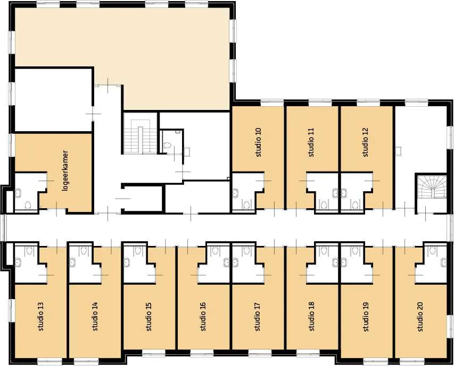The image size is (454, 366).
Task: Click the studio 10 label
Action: [x=258, y=142]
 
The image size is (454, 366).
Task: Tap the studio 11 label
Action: [x=311, y=142]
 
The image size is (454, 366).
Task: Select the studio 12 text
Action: [x=365, y=142]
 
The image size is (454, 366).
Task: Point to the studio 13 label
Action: [x=40, y=317]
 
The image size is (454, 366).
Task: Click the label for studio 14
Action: [x=95, y=317]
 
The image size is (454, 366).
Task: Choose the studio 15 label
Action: [x=149, y=317]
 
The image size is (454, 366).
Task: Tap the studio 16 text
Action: [x=203, y=317]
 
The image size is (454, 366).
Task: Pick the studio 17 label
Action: [x=257, y=317]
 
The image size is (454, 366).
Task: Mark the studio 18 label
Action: [x=311, y=317]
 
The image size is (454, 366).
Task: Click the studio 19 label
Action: [x=366, y=317]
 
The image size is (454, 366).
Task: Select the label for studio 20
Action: [x=420, y=317]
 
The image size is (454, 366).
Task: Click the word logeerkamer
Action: [x=65, y=171]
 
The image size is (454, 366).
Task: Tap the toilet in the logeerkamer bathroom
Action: [x=28, y=205]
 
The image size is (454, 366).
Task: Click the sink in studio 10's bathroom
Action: [x=235, y=193]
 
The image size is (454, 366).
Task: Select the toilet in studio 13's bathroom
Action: [x=29, y=250]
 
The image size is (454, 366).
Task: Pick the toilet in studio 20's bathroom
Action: [x=432, y=250]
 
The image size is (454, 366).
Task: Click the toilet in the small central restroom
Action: [x=167, y=145]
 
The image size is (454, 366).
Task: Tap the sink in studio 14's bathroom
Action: [x=72, y=262]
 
